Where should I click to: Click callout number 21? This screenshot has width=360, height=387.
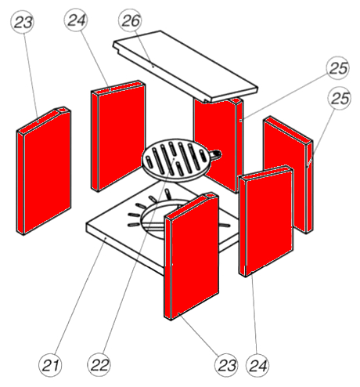point(50,365)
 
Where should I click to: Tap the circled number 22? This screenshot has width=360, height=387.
point(99,365)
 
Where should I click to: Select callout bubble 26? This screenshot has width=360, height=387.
point(130,20)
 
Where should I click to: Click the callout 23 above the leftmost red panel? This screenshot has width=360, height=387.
point(23,22)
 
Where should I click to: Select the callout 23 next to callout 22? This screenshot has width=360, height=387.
point(226,365)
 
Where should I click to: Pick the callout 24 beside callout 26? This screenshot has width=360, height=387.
point(76,20)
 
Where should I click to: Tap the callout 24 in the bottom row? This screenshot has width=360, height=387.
point(257,365)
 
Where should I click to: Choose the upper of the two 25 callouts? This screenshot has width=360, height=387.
point(338,68)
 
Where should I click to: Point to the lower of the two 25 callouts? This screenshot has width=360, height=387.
point(340,98)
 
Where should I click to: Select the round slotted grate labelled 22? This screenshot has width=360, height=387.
point(176,160)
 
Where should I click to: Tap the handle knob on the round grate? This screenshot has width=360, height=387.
point(216,154)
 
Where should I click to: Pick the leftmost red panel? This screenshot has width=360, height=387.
point(44,171)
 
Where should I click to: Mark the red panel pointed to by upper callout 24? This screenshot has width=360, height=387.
point(118,136)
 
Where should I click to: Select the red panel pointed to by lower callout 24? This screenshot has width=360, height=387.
point(266,222)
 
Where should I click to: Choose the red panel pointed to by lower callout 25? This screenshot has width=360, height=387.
point(288,175)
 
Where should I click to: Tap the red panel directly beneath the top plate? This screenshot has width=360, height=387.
point(218,145)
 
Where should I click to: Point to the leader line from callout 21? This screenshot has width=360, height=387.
point(81,296)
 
